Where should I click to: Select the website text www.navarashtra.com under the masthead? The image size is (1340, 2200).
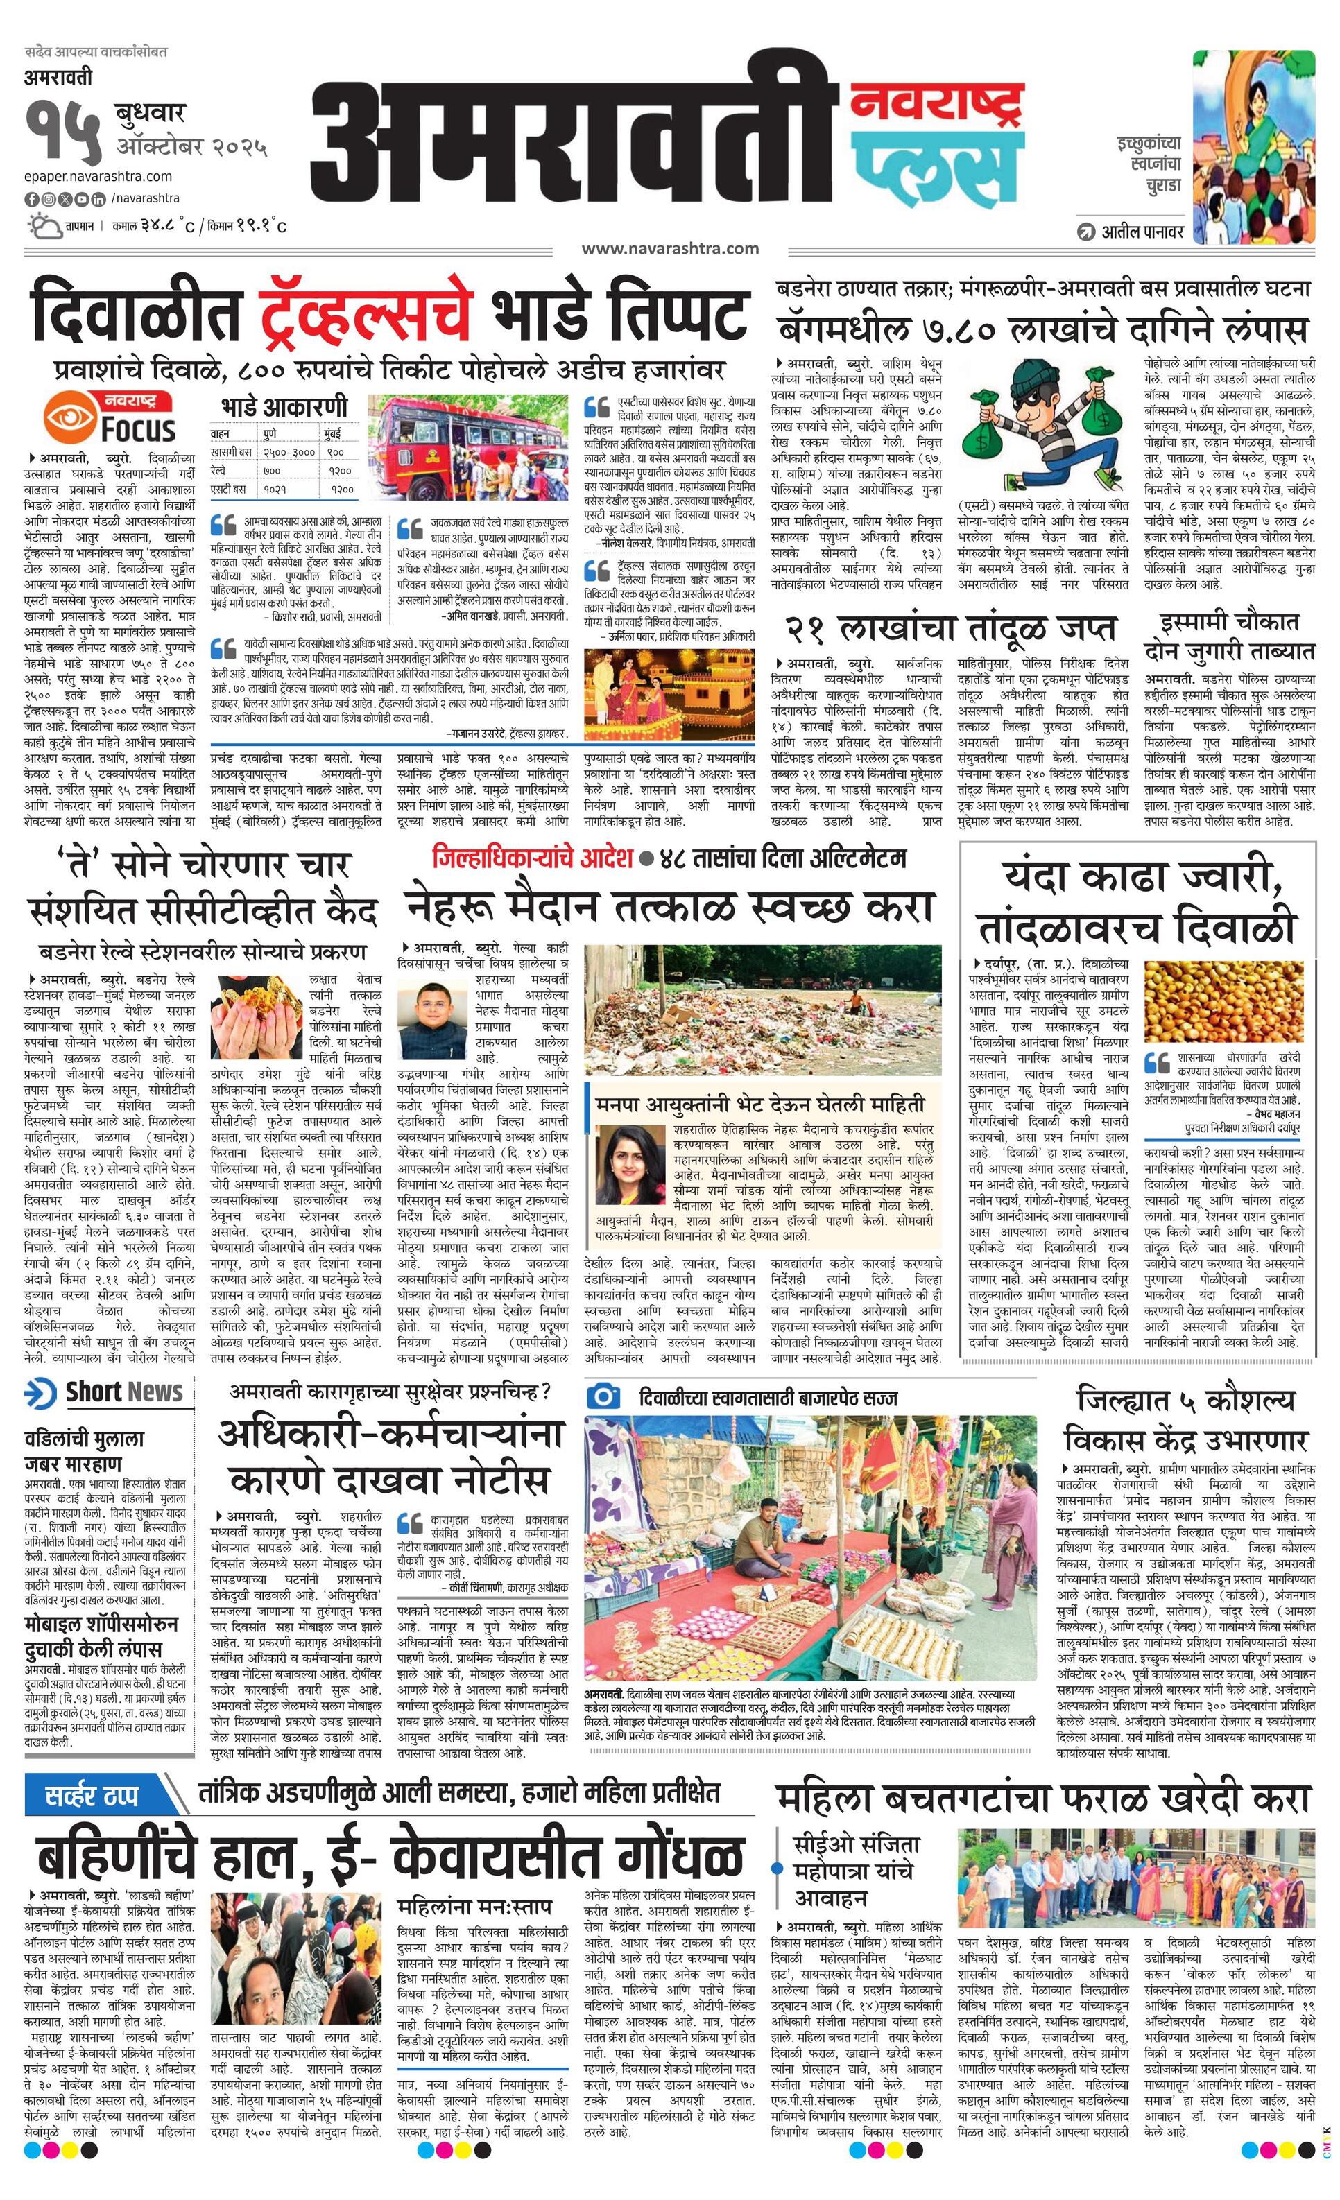click(x=669, y=249)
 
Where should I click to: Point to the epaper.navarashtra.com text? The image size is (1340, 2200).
click(x=98, y=177)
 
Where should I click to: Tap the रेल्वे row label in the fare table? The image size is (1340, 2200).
click(x=221, y=469)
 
